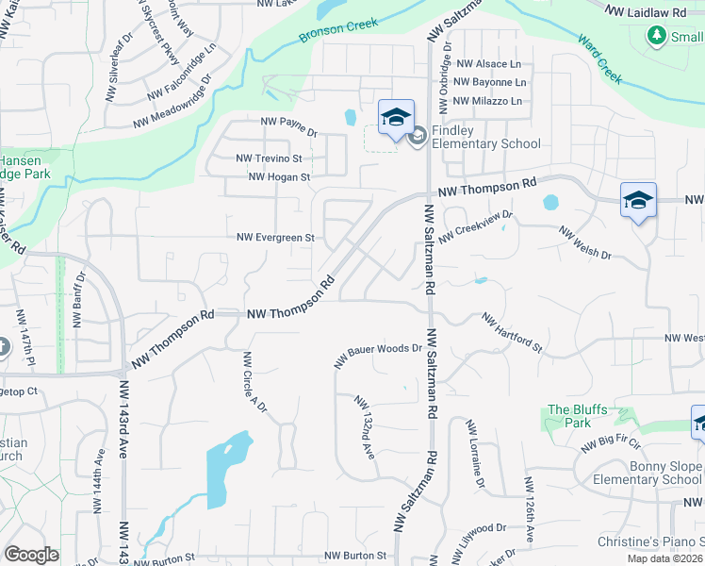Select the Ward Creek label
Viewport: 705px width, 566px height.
tap(599, 59)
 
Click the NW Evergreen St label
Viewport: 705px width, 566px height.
tap(275, 239)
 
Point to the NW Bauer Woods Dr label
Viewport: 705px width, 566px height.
tap(378, 355)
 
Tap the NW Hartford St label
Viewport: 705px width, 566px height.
tap(512, 334)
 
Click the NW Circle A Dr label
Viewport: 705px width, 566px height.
tap(254, 383)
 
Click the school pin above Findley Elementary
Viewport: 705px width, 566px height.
tap(396, 118)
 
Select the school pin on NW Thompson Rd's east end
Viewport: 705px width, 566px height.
tap(638, 200)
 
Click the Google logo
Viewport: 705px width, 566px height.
tap(31, 555)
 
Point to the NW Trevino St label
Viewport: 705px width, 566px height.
tap(269, 159)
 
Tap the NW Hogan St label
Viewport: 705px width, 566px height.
tap(279, 176)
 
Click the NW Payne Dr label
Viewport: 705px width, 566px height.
tap(288, 126)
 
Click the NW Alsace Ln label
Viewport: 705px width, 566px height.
tap(488, 64)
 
